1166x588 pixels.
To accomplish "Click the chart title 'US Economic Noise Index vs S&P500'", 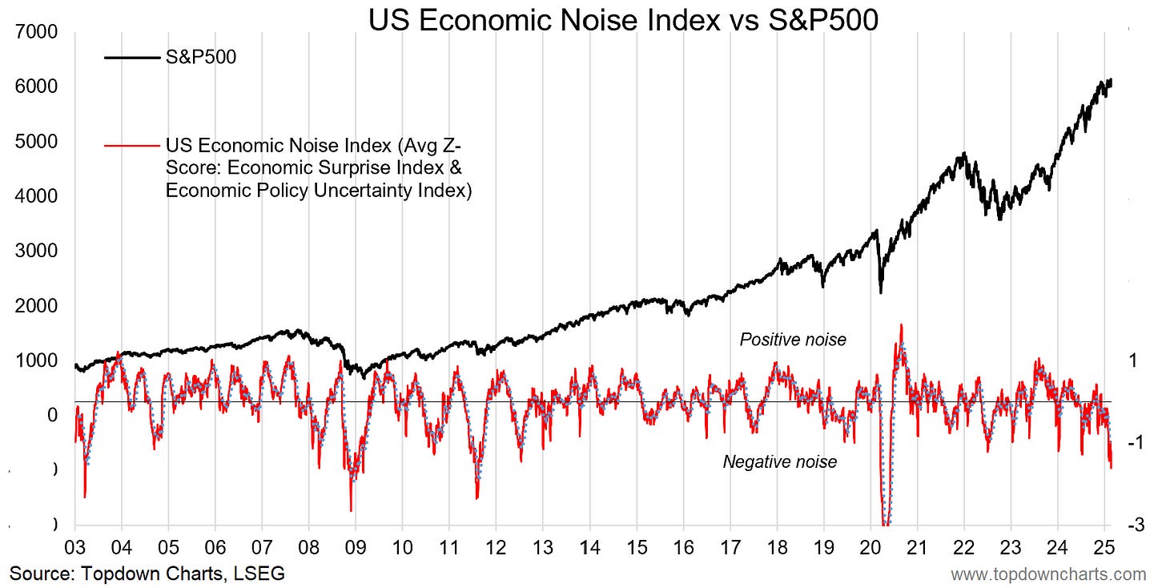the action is pyautogui.click(x=623, y=20).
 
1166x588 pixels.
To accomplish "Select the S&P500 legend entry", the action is pyautogui.click(x=171, y=57).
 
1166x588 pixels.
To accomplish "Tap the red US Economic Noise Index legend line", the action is pyautogui.click(x=131, y=146).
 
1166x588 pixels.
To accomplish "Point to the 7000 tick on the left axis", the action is pyautogui.click(x=36, y=32).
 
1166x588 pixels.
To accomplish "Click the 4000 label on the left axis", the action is pyautogui.click(x=36, y=195).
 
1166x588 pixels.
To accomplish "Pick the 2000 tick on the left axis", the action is pyautogui.click(x=36, y=305).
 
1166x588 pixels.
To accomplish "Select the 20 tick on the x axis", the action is pyautogui.click(x=870, y=548).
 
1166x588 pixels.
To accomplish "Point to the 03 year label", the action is pyautogui.click(x=75, y=548).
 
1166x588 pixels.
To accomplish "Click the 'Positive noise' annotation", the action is pyautogui.click(x=793, y=340).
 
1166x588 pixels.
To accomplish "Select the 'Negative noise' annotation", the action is pyautogui.click(x=780, y=461).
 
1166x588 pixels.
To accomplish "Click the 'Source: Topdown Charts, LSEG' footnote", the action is pyautogui.click(x=147, y=574).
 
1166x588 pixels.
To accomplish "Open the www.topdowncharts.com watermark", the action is pyautogui.click(x=1048, y=574).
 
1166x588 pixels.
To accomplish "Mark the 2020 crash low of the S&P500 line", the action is pyautogui.click(x=881, y=292).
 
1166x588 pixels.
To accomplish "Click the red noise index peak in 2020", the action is pyautogui.click(x=901, y=325).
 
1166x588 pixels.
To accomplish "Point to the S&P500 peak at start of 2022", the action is pyautogui.click(x=964, y=153).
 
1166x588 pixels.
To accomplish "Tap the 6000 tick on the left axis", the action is pyautogui.click(x=36, y=87).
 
